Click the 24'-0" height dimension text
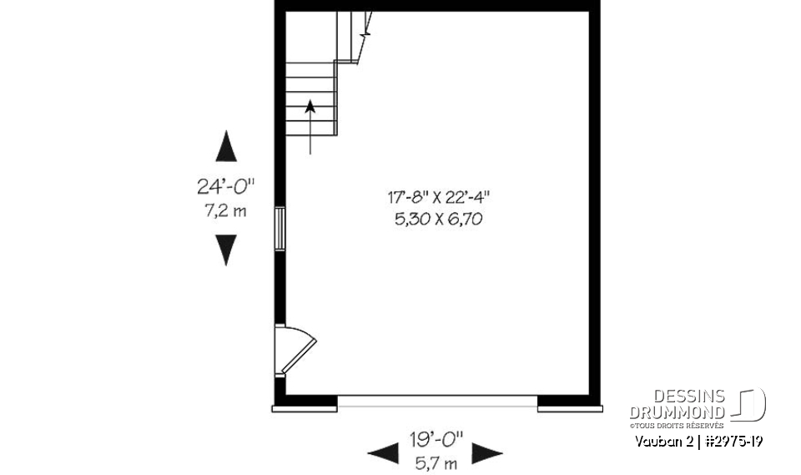(x=225, y=186)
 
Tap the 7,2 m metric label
(x=225, y=210)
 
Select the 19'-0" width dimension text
(x=436, y=440)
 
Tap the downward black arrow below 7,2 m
(x=226, y=250)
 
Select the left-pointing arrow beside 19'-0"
(x=383, y=453)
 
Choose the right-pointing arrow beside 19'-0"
(x=487, y=453)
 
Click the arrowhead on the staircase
(x=310, y=106)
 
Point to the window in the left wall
(x=281, y=228)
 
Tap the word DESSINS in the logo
(x=689, y=397)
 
